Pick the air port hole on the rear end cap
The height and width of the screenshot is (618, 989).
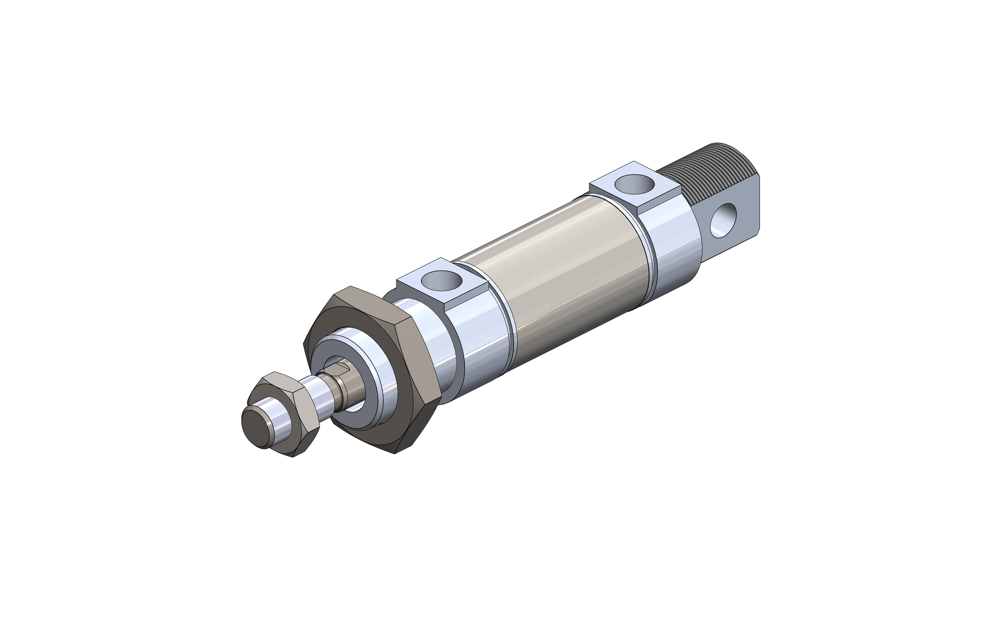point(634,184)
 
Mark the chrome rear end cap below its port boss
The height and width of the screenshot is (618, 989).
point(675,253)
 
